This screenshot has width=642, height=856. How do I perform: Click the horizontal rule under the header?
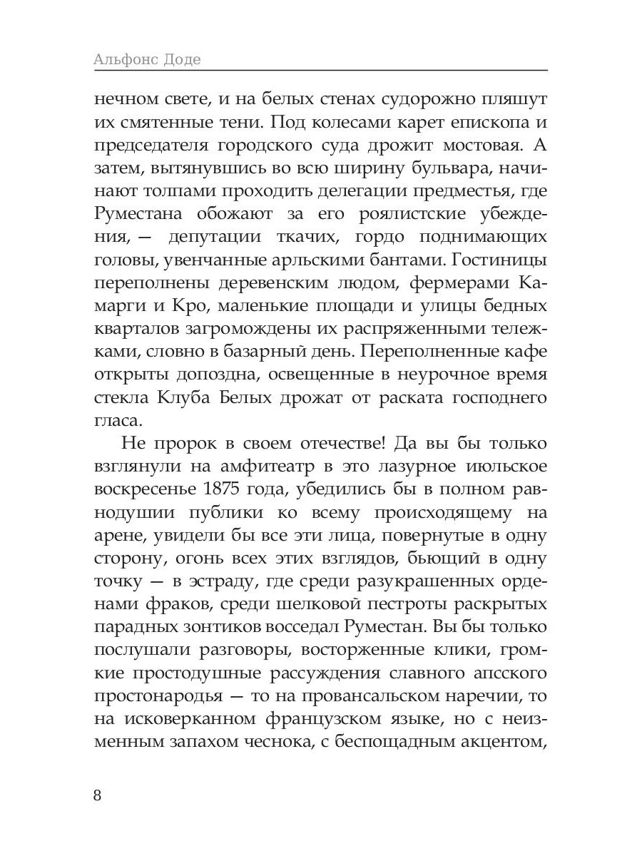pos(321,71)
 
